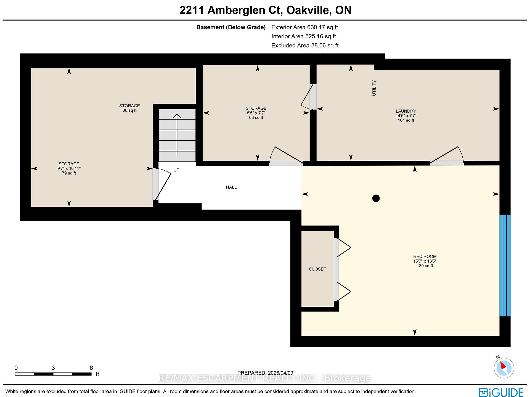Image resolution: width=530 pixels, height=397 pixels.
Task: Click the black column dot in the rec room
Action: (x=376, y=198)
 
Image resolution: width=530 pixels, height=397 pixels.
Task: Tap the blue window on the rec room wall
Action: (x=505, y=265)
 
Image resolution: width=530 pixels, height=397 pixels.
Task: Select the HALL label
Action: (x=231, y=187)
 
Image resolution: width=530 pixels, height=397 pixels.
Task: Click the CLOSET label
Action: (x=317, y=269)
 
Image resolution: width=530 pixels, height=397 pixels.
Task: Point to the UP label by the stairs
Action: (x=176, y=170)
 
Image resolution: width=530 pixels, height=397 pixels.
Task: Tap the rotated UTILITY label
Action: (x=374, y=88)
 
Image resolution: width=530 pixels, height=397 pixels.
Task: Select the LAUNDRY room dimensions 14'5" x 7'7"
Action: (x=406, y=116)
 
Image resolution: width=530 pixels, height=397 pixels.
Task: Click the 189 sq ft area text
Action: (x=425, y=266)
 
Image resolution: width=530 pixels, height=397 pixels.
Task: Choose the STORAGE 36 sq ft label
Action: (x=129, y=108)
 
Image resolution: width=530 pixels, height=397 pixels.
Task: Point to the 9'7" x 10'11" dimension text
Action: (x=69, y=168)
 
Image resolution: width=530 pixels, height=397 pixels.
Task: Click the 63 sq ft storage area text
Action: (x=256, y=118)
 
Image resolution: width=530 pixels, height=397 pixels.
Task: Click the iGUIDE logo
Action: (x=501, y=392)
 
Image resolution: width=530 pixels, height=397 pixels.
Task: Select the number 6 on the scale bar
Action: (x=91, y=368)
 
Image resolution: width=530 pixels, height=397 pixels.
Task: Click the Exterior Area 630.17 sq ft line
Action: (x=304, y=27)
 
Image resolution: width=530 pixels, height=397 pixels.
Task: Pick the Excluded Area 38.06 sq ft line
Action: (x=305, y=46)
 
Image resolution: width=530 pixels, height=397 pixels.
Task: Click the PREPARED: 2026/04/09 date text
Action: (x=265, y=373)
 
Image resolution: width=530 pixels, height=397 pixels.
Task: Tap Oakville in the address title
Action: (x=309, y=10)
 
